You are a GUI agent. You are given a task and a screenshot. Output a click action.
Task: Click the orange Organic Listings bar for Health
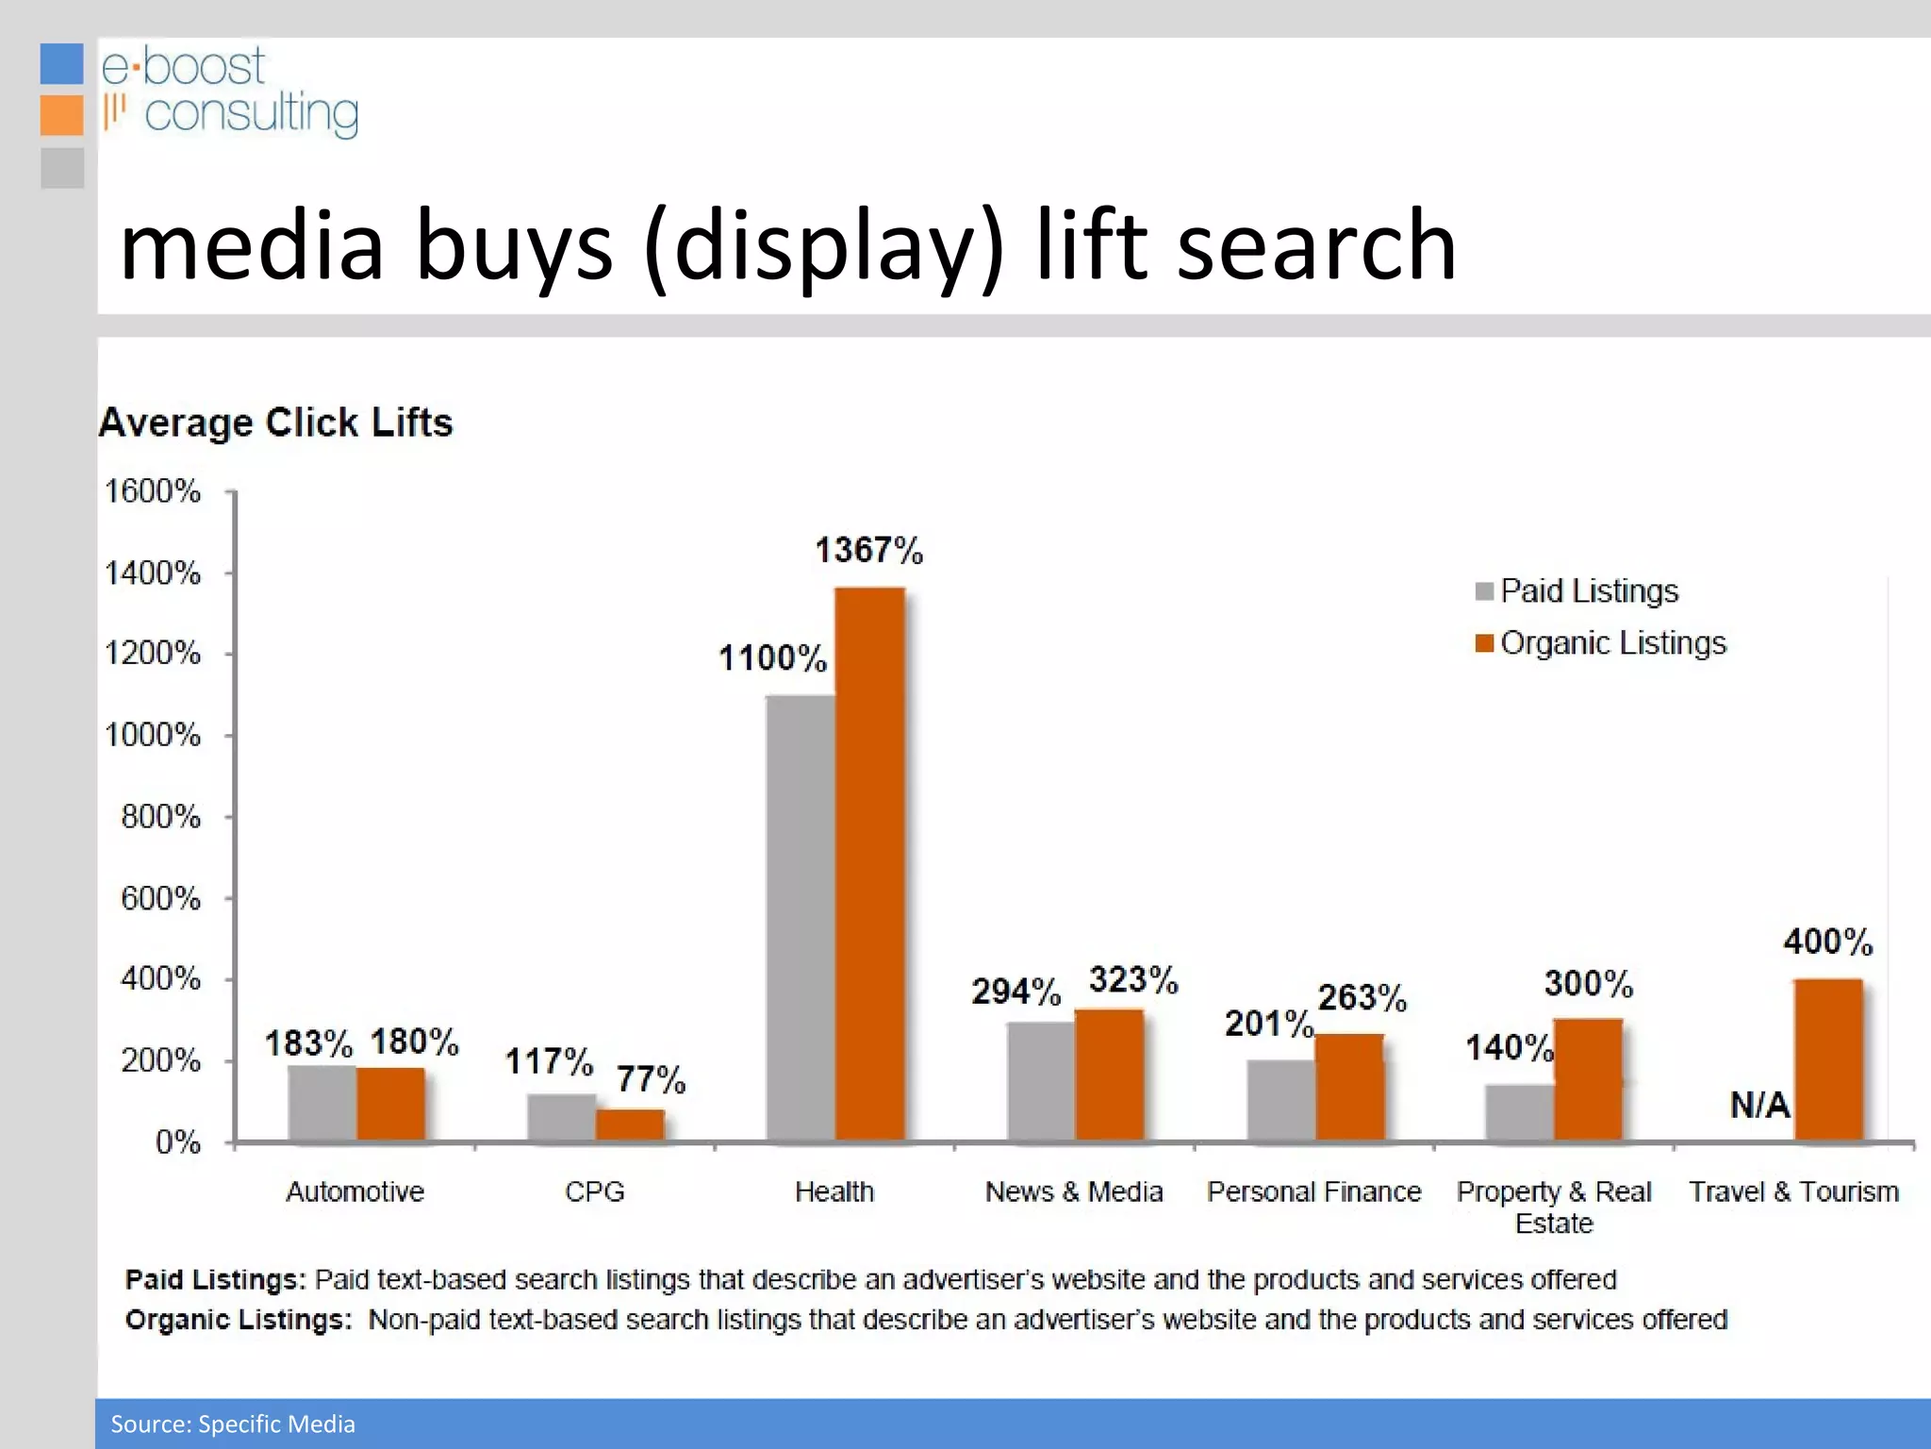(x=869, y=863)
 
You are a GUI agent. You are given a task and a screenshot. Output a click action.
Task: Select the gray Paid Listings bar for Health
(x=800, y=917)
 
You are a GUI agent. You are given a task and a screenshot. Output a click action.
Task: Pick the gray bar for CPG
(x=561, y=1117)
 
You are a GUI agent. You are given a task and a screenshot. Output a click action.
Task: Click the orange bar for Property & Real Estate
(x=1588, y=1079)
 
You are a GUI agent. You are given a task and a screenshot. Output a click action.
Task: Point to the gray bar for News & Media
(x=1041, y=1081)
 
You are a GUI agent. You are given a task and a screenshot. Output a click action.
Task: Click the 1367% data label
(x=868, y=550)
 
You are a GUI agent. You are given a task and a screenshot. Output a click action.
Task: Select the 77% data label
(x=651, y=1079)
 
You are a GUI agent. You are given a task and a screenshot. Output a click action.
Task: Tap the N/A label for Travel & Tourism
(x=1759, y=1105)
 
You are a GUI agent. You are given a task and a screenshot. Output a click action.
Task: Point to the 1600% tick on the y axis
(x=153, y=491)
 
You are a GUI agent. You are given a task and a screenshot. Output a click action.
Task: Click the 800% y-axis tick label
(x=160, y=817)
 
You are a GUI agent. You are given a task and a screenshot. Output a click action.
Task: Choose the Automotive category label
(x=355, y=1191)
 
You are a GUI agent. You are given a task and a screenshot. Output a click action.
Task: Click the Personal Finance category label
(x=1313, y=1191)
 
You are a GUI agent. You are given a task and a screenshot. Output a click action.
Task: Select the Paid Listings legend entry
(x=1589, y=591)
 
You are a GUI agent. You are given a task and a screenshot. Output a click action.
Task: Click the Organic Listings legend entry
(x=1612, y=643)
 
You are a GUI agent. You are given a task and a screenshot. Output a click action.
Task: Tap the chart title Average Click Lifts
(x=276, y=423)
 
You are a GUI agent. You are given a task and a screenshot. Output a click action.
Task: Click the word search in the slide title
(x=1316, y=245)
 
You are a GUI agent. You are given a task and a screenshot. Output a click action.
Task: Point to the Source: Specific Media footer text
(x=233, y=1424)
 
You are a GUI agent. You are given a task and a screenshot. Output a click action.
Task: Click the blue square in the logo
(x=62, y=64)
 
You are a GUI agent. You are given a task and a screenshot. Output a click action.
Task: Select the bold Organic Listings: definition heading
(x=239, y=1320)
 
